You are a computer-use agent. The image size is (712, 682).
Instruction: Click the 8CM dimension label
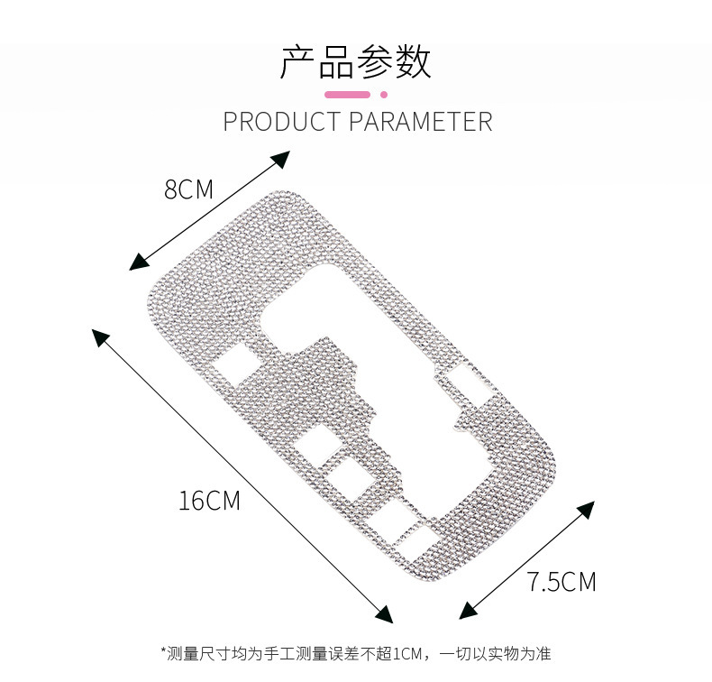188,189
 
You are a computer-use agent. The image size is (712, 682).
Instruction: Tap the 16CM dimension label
209,501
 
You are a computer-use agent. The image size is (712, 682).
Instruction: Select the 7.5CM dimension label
561,581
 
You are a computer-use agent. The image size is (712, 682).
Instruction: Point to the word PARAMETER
421,121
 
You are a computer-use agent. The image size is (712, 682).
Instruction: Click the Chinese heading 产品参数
355,61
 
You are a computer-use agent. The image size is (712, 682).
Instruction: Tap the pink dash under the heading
347,95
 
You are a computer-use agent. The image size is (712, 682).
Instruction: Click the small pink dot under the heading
384,95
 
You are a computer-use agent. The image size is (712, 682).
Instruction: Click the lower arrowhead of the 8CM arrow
138,263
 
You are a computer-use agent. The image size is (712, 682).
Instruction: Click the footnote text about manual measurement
356,654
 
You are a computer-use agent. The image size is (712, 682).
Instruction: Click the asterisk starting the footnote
164,650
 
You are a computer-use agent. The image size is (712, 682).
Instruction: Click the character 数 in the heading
413,61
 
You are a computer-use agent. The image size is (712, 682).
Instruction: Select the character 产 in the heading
298,61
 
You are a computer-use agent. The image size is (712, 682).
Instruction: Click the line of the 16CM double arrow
242,476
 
